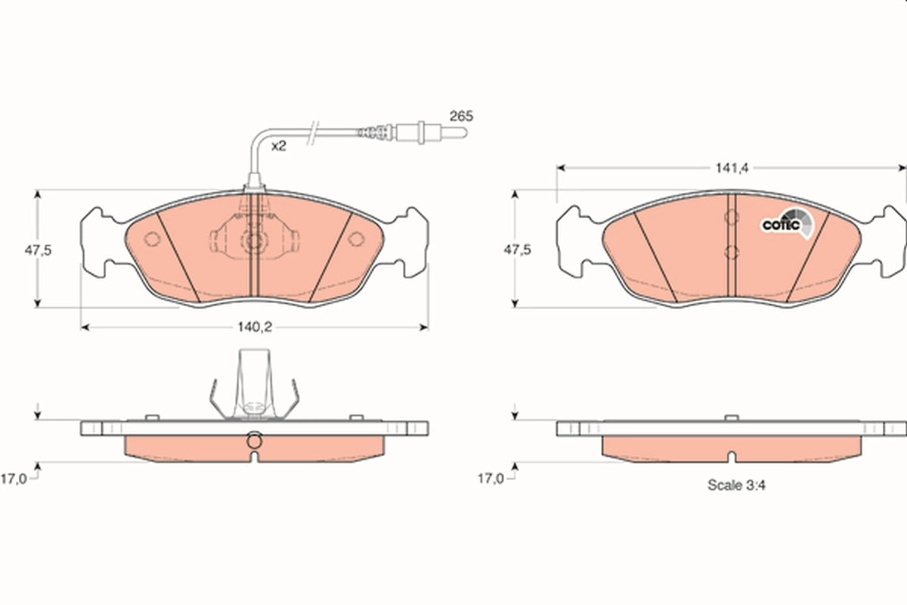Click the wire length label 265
pyautogui.click(x=460, y=116)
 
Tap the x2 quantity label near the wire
pyautogui.click(x=279, y=146)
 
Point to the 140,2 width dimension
pyautogui.click(x=254, y=327)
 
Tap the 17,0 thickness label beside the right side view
pyautogui.click(x=491, y=478)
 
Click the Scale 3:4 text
pyautogui.click(x=736, y=486)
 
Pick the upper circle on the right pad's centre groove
pyautogui.click(x=730, y=219)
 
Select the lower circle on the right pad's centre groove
pyautogui.click(x=730, y=253)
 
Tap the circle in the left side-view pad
pyautogui.click(x=254, y=440)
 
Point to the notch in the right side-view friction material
pyautogui.click(x=731, y=457)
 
